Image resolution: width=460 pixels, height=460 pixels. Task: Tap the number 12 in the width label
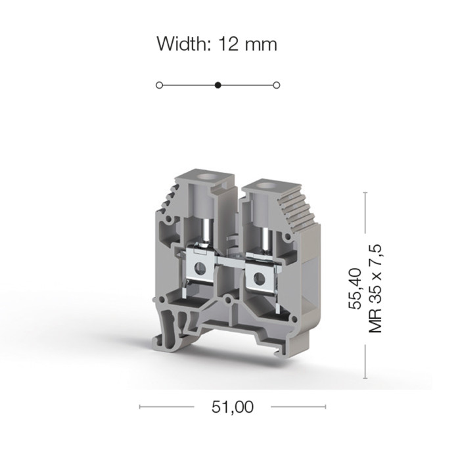[x=228, y=44]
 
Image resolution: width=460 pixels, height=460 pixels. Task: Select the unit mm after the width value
[x=261, y=46]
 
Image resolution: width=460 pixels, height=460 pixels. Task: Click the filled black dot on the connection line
[x=218, y=85]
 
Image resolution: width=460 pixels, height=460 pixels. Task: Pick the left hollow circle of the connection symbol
[x=159, y=85]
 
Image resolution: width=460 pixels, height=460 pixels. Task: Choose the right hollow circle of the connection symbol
[x=276, y=85]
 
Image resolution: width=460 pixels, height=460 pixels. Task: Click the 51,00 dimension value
[x=233, y=407]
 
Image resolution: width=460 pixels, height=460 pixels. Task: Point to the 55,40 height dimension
[x=355, y=288]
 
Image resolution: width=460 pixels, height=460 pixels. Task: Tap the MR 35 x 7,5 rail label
[x=375, y=288]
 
